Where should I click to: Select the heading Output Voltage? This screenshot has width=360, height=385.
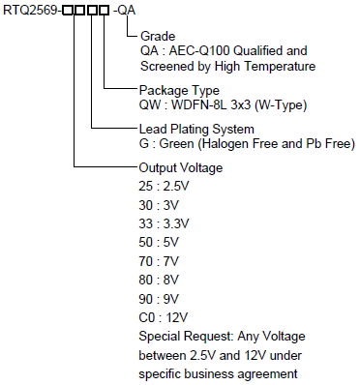[181, 167]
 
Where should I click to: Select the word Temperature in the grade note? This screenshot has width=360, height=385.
[280, 67]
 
